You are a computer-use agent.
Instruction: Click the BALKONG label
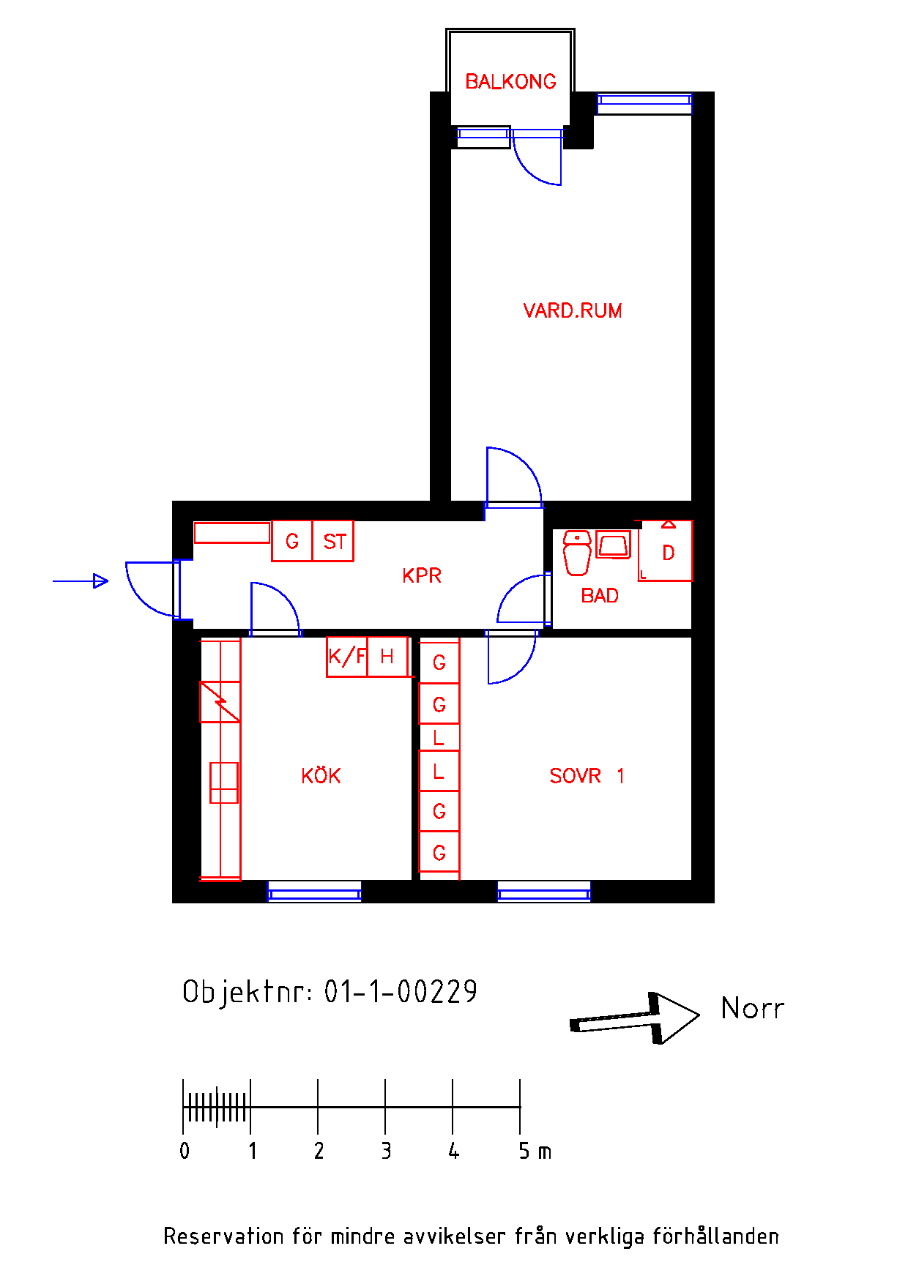pyautogui.click(x=510, y=81)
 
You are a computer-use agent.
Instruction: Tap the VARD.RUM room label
pyautogui.click(x=573, y=310)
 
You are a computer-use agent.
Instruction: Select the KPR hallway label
pyautogui.click(x=422, y=575)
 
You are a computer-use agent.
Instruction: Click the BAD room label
pyautogui.click(x=600, y=596)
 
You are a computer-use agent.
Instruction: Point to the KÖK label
pyautogui.click(x=321, y=775)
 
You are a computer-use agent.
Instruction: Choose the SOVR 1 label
pyautogui.click(x=587, y=776)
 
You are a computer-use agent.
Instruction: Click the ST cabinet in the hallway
pyautogui.click(x=333, y=541)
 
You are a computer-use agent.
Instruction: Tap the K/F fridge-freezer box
pyautogui.click(x=346, y=657)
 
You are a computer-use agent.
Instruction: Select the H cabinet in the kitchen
pyautogui.click(x=387, y=657)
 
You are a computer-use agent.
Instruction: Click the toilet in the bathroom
pyautogui.click(x=577, y=553)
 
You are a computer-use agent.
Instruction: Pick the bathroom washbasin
pyautogui.click(x=613, y=545)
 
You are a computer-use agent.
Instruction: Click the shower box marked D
pyautogui.click(x=666, y=550)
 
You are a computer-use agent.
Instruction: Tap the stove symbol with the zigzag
pyautogui.click(x=220, y=702)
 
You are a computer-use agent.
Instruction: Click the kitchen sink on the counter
pyautogui.click(x=224, y=783)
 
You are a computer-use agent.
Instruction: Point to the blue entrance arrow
pyautogui.click(x=81, y=581)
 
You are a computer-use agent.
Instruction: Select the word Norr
pyautogui.click(x=752, y=1008)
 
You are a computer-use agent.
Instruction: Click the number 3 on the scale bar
pyautogui.click(x=386, y=1151)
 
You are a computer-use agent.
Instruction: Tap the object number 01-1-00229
pyautogui.click(x=401, y=992)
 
